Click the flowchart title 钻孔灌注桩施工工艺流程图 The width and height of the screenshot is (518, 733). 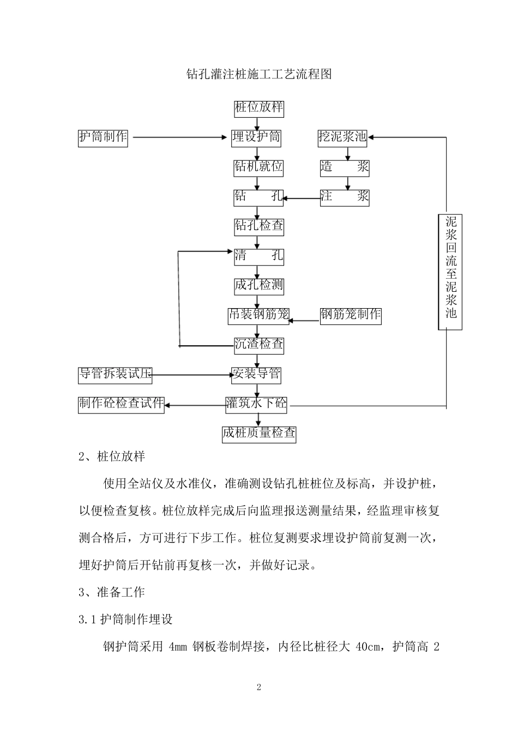pyautogui.click(x=259, y=74)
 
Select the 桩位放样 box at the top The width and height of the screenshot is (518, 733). pyautogui.click(x=259, y=107)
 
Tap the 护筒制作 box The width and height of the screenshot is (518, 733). pyautogui.click(x=103, y=137)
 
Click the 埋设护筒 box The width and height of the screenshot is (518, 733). pyautogui.click(x=256, y=137)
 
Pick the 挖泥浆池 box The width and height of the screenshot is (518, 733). pyautogui.click(x=342, y=137)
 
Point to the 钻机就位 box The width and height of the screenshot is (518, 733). pyautogui.click(x=259, y=167)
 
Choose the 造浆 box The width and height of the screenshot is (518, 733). pyautogui.click(x=345, y=167)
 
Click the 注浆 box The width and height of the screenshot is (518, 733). pyautogui.click(x=345, y=196)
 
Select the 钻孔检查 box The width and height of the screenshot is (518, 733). pyautogui.click(x=259, y=226)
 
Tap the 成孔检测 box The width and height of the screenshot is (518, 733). pyautogui.click(x=259, y=285)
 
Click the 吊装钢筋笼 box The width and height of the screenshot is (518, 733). pyautogui.click(x=259, y=315)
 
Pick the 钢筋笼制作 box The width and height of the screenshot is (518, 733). pyautogui.click(x=351, y=315)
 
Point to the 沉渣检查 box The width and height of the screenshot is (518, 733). pyautogui.click(x=259, y=344)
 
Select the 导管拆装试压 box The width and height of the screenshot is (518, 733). pyautogui.click(x=115, y=374)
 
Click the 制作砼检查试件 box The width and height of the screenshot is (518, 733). pyautogui.click(x=121, y=404)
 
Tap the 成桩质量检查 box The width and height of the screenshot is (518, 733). pyautogui.click(x=259, y=434)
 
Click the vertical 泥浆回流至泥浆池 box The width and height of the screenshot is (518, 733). pyautogui.click(x=450, y=272)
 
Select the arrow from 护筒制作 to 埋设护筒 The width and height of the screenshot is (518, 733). pyautogui.click(x=180, y=137)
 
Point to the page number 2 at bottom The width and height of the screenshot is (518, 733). pyautogui.click(x=259, y=687)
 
